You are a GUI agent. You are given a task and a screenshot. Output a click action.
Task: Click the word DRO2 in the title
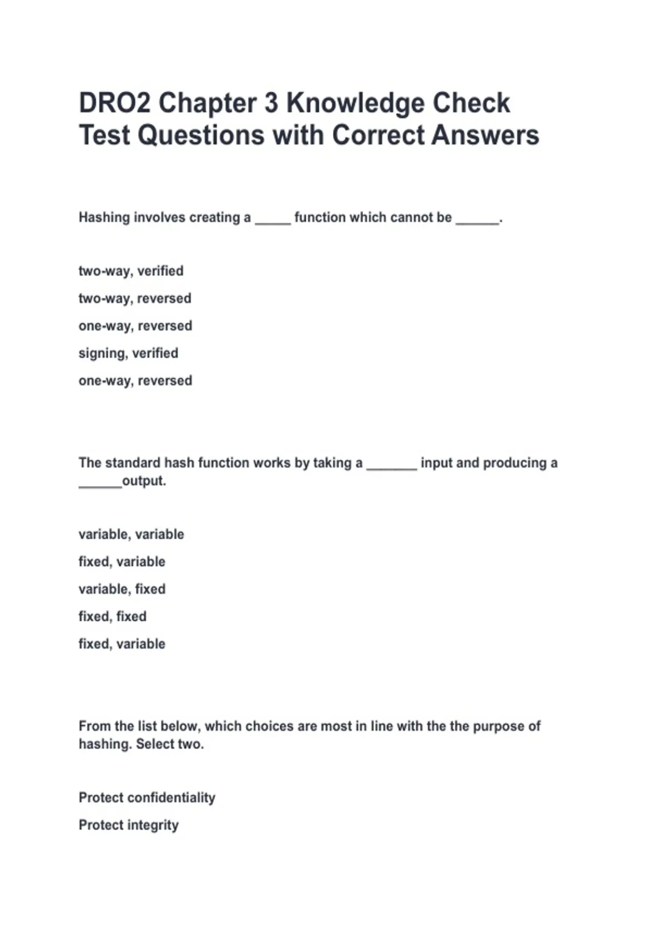click(x=114, y=103)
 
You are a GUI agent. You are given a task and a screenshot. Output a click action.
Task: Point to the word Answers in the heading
click(x=485, y=135)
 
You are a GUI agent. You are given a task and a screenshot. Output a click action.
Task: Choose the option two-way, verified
click(x=131, y=271)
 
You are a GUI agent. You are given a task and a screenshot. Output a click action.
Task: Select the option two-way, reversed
click(x=135, y=299)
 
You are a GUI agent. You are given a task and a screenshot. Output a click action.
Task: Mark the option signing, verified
click(x=128, y=353)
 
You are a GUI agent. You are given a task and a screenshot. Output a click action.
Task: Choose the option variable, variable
click(x=131, y=534)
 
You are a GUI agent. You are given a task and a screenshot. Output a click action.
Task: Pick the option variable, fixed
click(x=122, y=589)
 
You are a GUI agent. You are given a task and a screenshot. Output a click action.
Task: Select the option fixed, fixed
click(x=113, y=616)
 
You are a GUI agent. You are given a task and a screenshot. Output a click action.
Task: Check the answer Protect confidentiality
click(x=147, y=798)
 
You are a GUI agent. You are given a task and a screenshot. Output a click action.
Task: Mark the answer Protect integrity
click(x=129, y=825)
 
